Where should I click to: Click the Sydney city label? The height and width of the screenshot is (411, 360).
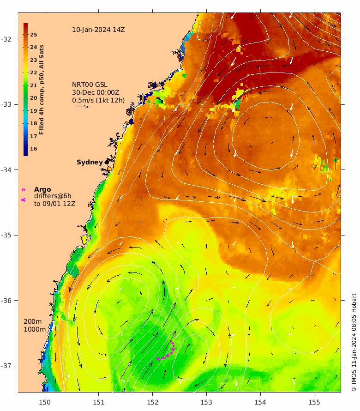tap(90, 162)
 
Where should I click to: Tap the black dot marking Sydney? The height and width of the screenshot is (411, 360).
tap(107, 162)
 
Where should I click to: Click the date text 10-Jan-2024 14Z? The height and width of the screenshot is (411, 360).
tap(98, 30)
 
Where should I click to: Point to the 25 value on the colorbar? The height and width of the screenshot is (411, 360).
tap(34, 35)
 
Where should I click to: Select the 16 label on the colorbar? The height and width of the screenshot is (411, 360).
tap(34, 149)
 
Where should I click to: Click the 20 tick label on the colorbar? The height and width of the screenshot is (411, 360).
tap(34, 98)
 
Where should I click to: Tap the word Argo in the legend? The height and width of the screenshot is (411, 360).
tap(42, 189)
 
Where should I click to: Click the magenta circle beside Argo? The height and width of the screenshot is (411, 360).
tap(23, 189)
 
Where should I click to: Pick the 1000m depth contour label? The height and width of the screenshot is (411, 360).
tap(35, 329)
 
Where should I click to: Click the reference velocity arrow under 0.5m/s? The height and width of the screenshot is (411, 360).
tap(82, 107)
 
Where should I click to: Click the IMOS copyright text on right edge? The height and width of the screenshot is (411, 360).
tap(354, 342)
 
